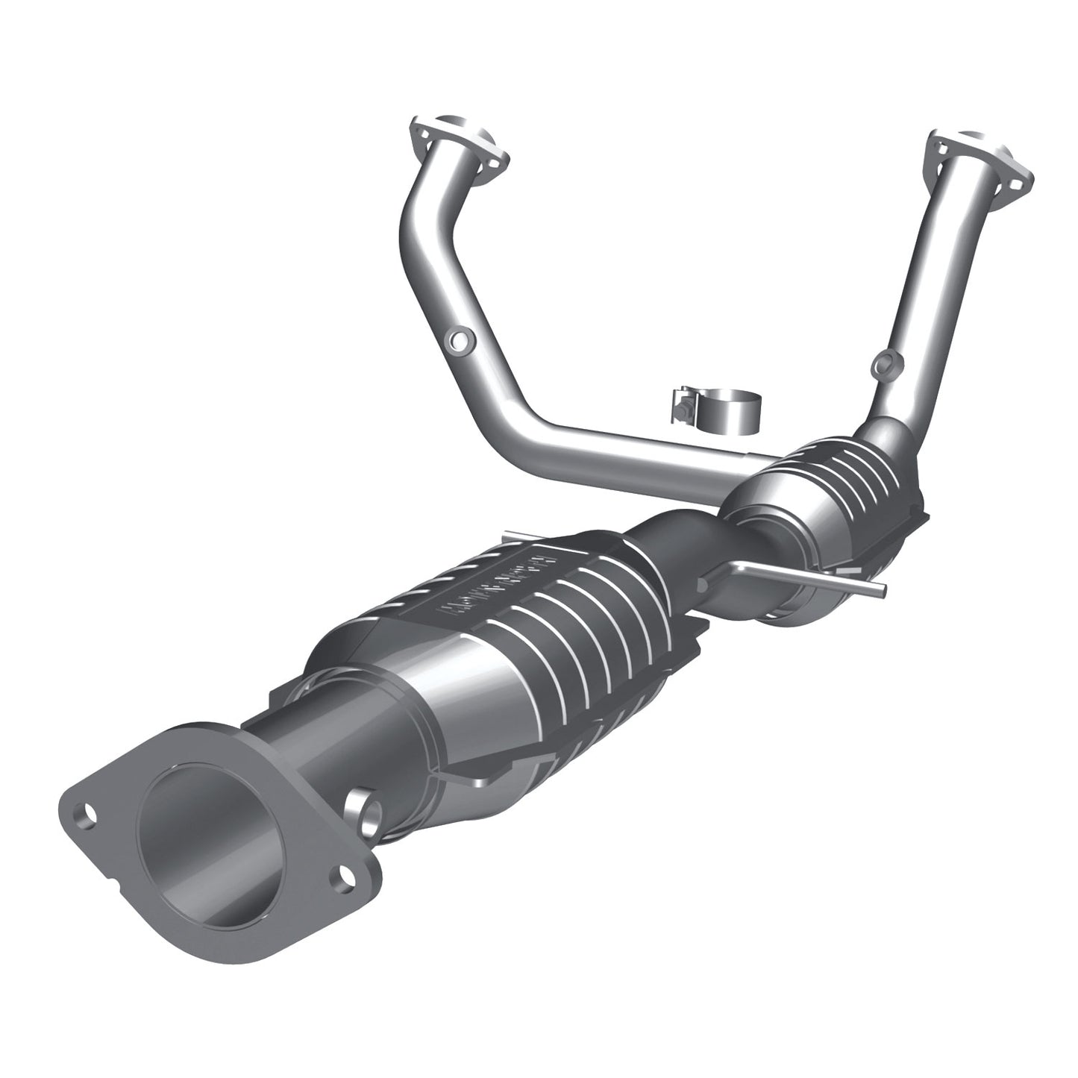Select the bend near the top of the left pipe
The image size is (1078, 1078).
pyautogui.click(x=418, y=216)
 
